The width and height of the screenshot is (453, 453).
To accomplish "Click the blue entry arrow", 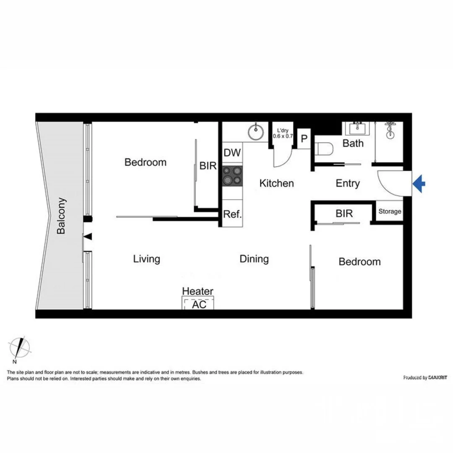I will coord(419,183).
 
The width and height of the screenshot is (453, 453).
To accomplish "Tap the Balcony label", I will coord(61,216).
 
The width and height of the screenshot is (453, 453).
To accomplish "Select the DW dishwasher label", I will coord(232,153).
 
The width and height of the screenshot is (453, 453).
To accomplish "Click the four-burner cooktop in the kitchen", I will coord(232,175).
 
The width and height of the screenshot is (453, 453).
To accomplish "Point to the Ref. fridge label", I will coord(232,214).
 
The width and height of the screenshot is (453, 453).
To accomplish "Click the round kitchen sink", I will coord(255,132).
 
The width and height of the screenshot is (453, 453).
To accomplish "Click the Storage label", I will coord(390,211).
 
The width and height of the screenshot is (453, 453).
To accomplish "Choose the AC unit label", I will coord(199,305).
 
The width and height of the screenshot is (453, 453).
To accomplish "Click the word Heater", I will coord(198,291).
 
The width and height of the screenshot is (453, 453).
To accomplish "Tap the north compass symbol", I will coord(19,347).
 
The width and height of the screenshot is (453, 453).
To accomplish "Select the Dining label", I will coord(254,259).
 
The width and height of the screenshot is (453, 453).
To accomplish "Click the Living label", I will coord(146,259).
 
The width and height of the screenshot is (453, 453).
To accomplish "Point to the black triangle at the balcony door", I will coord(88,237).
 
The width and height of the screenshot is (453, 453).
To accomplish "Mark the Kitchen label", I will coord(276,183).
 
